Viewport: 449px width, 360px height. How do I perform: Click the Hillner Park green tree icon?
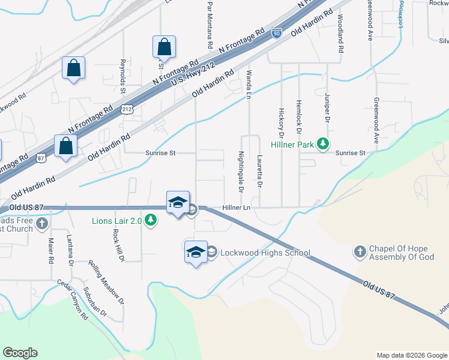324,143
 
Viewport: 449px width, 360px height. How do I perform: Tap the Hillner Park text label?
294,144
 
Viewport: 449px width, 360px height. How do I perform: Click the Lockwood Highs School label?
265,253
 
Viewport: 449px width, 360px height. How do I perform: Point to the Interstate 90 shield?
277,33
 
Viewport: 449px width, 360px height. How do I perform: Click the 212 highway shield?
127,109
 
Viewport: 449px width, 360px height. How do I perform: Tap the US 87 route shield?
40,157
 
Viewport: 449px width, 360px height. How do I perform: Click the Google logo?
20,353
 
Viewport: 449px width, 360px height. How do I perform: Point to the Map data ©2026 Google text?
412,355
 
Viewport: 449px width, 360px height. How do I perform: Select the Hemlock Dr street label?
298,115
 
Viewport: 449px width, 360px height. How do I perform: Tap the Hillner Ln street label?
236,208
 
